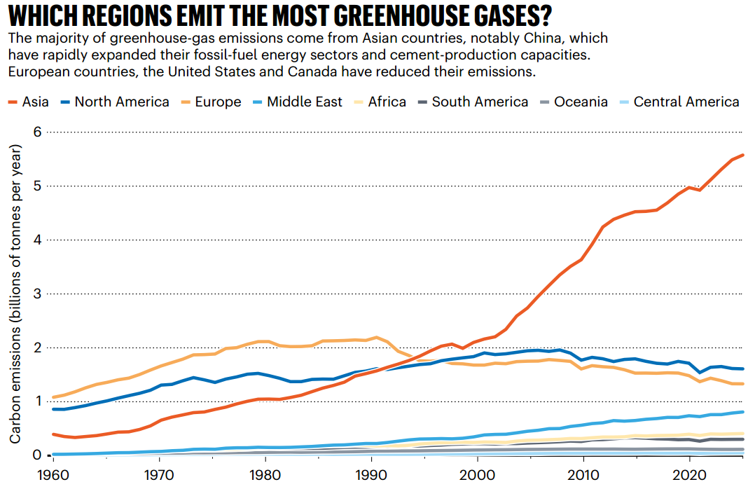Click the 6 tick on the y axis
(39, 132)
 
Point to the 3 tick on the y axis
(39, 294)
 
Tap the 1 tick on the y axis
(39, 401)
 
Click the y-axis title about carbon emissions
(15, 294)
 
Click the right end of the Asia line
(742, 155)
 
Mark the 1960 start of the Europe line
(54, 397)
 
